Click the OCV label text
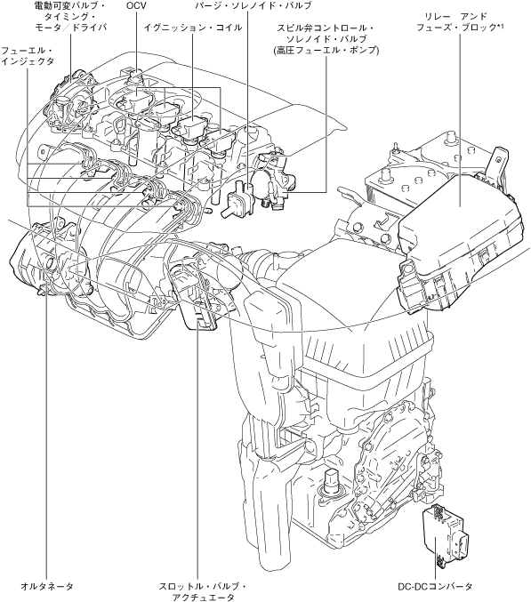click(136, 5)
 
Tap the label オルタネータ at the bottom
click(47, 586)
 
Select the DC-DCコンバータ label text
click(435, 586)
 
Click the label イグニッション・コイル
click(193, 28)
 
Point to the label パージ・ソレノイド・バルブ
click(253, 5)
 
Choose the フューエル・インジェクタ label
click(27, 56)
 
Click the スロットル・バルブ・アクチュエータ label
click(203, 591)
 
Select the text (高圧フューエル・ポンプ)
click(326, 51)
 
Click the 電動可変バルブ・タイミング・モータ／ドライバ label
click(70, 17)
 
